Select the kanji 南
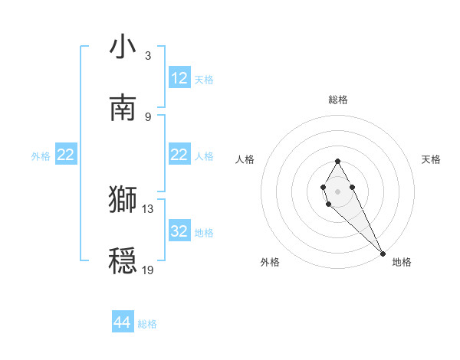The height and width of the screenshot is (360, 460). (x=123, y=108)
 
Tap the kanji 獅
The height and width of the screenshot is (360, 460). (x=123, y=199)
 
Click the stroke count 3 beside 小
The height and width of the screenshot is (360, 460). (x=147, y=56)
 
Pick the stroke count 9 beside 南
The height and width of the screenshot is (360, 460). (x=147, y=116)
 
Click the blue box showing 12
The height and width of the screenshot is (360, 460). (x=179, y=78)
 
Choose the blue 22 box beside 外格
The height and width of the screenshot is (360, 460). (x=65, y=155)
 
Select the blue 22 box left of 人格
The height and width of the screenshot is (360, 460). (x=179, y=155)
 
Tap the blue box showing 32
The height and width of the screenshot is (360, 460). (x=179, y=231)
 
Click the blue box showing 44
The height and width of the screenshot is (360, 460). (x=123, y=322)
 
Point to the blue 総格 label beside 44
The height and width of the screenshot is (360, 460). (x=147, y=324)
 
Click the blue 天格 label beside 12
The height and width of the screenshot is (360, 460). (x=204, y=80)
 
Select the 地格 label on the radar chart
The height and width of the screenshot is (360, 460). (x=402, y=262)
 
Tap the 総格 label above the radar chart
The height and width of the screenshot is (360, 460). (x=337, y=100)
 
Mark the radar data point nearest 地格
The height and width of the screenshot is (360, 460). (x=383, y=254)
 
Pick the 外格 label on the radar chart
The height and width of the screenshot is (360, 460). (x=270, y=262)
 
